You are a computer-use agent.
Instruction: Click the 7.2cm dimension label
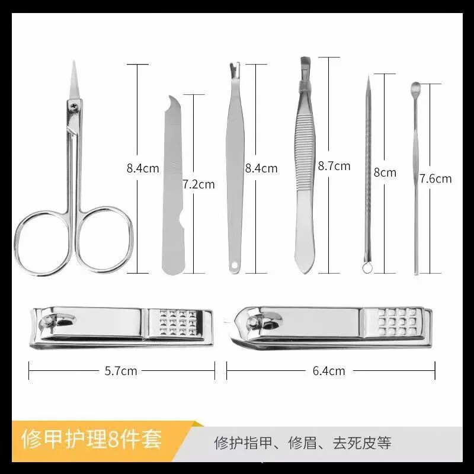pyautogui.click(x=198, y=184)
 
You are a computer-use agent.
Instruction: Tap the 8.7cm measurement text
pyautogui.click(x=334, y=166)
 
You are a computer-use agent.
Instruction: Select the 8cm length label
pyautogui.click(x=385, y=172)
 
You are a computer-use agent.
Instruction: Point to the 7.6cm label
pyautogui.click(x=435, y=178)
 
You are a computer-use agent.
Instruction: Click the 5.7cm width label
pyautogui.click(x=121, y=371)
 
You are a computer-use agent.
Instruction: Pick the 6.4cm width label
pyautogui.click(x=329, y=371)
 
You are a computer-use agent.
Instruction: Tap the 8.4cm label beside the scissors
pyautogui.click(x=143, y=168)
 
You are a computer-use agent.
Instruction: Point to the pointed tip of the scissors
pyautogui.click(x=74, y=64)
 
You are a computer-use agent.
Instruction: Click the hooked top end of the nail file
pyautogui.click(x=172, y=101)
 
